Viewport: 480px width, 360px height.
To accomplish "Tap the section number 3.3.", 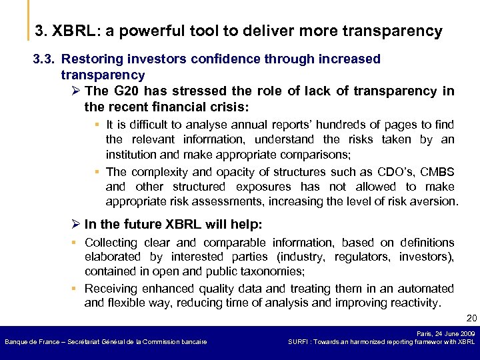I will click(x=45, y=59).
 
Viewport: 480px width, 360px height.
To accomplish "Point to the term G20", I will click(x=125, y=91).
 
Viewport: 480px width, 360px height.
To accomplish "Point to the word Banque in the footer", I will click(x=16, y=342).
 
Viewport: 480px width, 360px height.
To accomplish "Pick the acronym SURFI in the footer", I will click(x=299, y=342).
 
